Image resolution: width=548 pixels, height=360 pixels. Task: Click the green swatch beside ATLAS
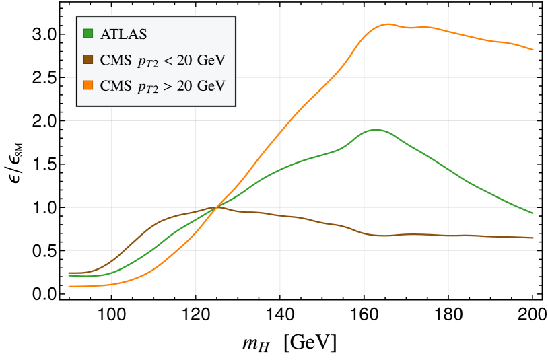(88, 33)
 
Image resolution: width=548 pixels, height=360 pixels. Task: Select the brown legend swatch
(88, 60)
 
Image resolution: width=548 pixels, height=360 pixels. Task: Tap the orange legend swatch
(88, 85)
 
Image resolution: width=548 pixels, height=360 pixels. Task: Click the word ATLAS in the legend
(123, 33)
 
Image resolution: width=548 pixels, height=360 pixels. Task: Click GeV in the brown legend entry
(210, 60)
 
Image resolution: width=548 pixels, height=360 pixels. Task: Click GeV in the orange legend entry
(210, 85)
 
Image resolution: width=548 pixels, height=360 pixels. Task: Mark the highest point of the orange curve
(388, 24)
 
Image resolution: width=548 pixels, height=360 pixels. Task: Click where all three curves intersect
(216, 207)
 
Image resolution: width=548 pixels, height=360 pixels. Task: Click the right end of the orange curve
(534, 50)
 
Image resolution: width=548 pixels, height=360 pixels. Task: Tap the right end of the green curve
(534, 213)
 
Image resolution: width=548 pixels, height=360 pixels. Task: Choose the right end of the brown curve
(534, 238)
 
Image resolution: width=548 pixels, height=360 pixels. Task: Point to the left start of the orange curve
(69, 287)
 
